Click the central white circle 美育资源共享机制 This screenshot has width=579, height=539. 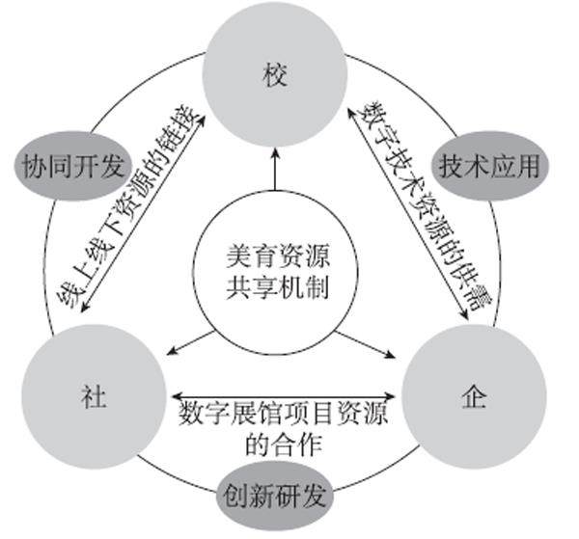click(275, 275)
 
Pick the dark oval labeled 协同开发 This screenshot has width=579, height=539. click(73, 166)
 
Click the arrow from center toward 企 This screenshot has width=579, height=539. click(360, 340)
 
